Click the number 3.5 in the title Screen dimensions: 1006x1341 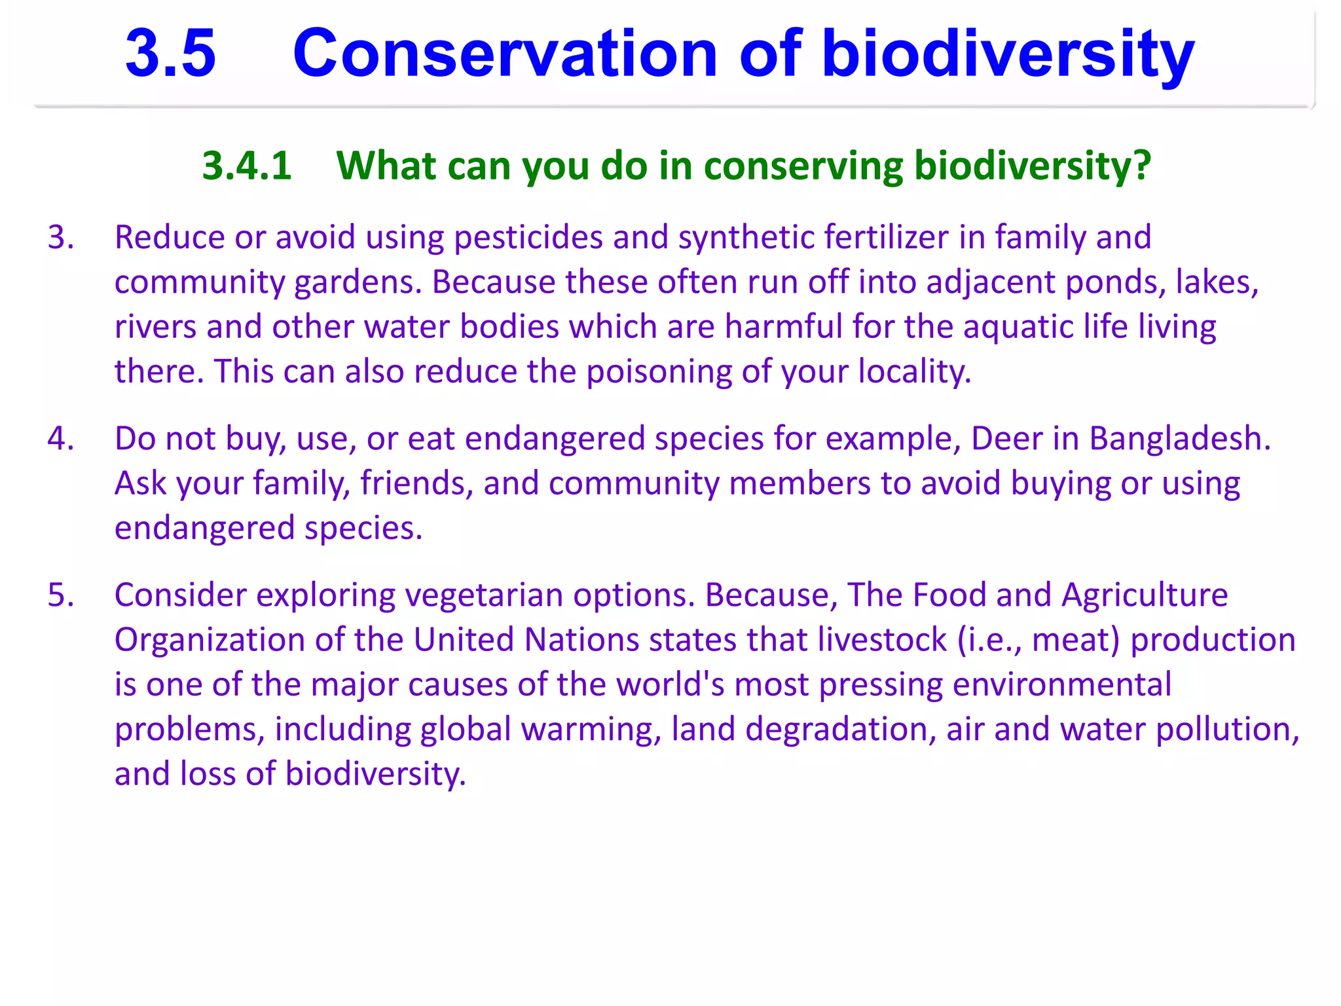coord(170,54)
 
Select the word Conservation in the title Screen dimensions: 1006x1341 coord(505,54)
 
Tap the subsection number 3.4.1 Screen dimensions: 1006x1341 coord(247,165)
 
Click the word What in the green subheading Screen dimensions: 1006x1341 coord(386,165)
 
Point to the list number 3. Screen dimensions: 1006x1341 coord(60,237)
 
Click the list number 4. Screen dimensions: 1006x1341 coord(60,438)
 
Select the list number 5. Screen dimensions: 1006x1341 coord(60,595)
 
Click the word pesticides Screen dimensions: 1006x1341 coord(528,237)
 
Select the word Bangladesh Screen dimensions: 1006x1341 coord(1179,438)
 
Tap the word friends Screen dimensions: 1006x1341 coord(416,483)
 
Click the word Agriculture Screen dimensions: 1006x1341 coord(1145,595)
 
